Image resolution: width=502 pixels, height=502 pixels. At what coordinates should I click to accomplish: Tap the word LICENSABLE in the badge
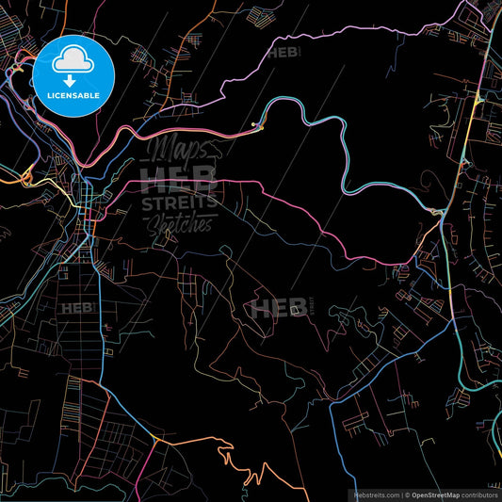tap(73, 95)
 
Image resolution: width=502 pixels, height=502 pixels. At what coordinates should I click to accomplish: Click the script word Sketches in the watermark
tap(181, 224)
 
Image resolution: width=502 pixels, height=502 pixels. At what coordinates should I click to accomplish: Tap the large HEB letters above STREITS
tap(179, 178)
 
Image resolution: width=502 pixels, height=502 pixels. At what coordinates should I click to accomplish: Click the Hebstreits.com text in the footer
tap(377, 494)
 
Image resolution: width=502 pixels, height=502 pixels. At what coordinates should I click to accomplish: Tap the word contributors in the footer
tap(479, 494)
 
